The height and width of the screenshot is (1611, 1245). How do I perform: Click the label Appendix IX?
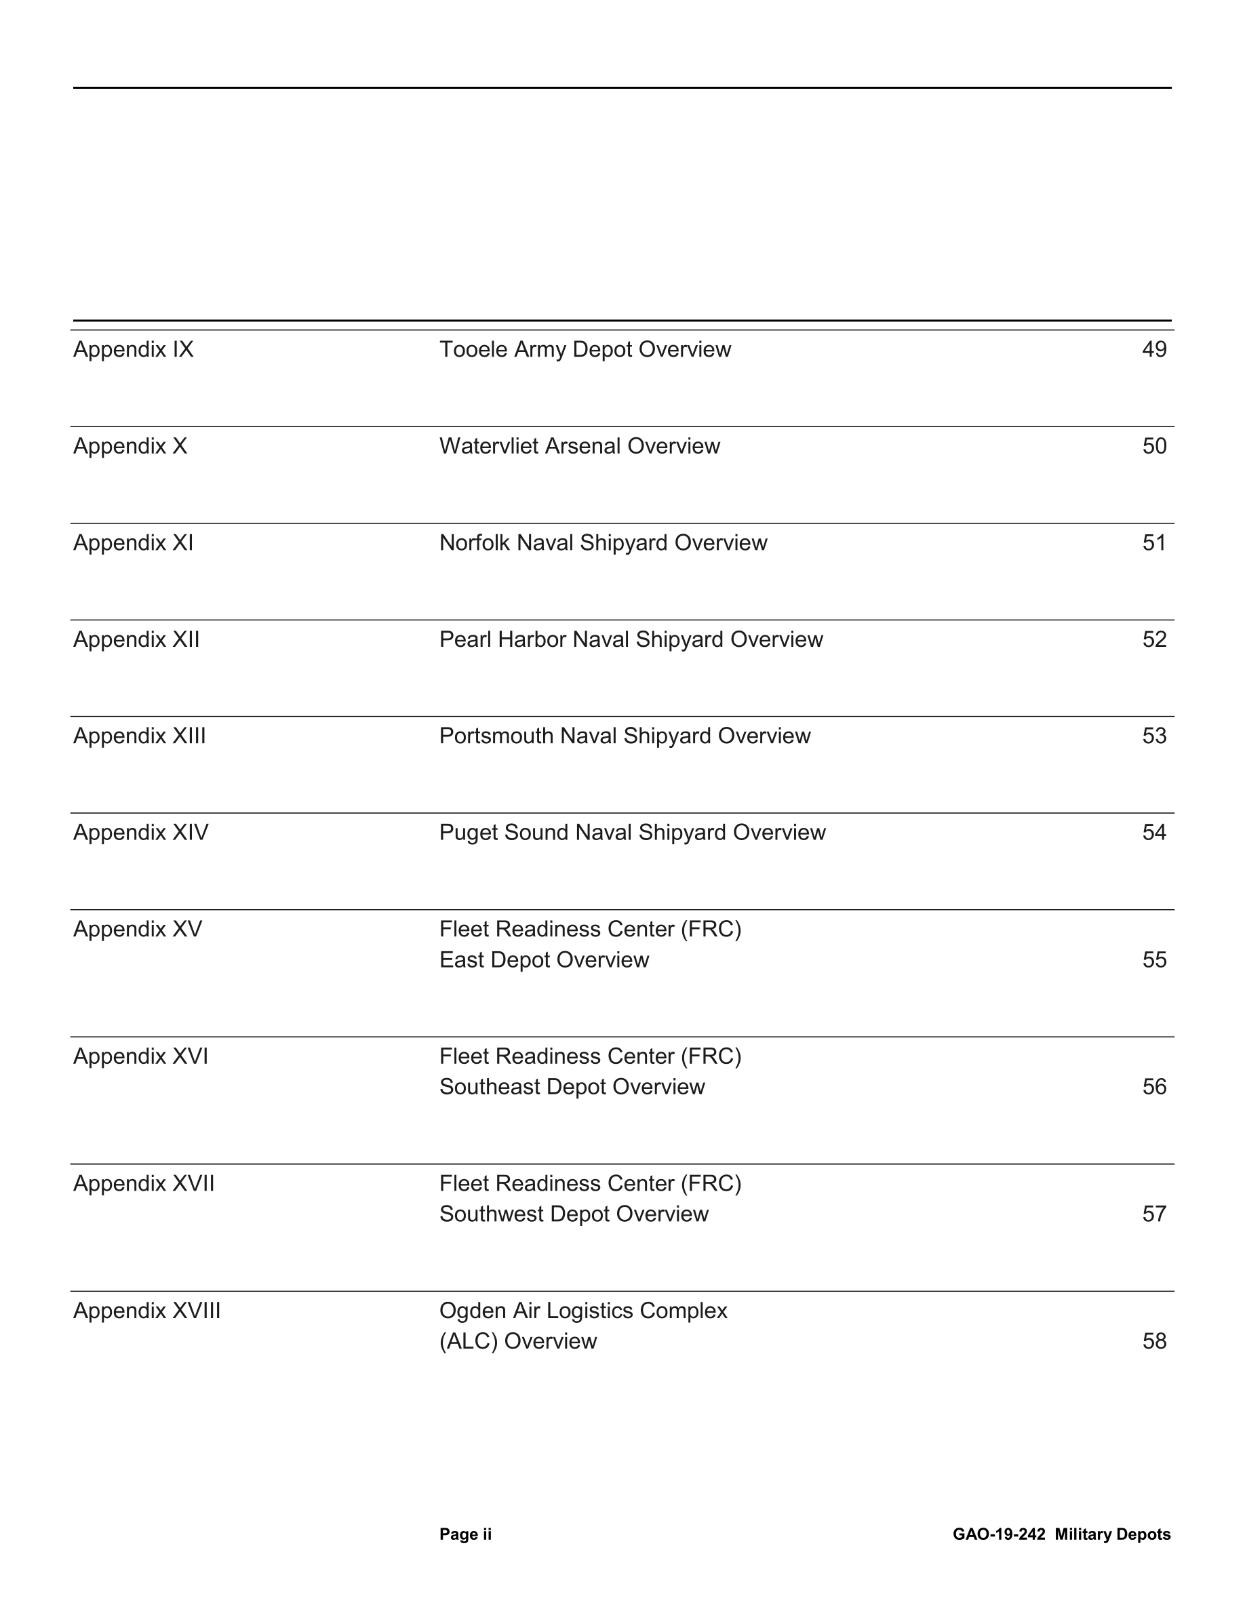pyautogui.click(x=133, y=349)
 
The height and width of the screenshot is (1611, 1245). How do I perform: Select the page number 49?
pyautogui.click(x=1153, y=349)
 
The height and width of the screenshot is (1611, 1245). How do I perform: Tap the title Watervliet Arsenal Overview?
pyautogui.click(x=579, y=445)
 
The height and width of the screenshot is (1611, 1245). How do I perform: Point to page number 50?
pyautogui.click(x=1153, y=445)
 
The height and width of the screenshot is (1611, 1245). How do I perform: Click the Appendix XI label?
pyautogui.click(x=133, y=542)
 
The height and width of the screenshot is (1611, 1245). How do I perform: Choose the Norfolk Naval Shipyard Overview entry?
pyautogui.click(x=603, y=542)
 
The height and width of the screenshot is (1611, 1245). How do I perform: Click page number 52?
pyautogui.click(x=1153, y=639)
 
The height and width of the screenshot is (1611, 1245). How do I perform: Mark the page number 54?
pyautogui.click(x=1153, y=832)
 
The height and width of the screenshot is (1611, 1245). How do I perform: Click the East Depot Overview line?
pyautogui.click(x=544, y=959)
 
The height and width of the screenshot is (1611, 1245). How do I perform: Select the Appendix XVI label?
pyautogui.click(x=140, y=1056)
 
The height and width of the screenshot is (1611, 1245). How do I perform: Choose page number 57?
pyautogui.click(x=1153, y=1214)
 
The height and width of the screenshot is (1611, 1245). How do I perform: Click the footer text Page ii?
pyautogui.click(x=465, y=1534)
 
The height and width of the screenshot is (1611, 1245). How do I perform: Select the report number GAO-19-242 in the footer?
pyautogui.click(x=998, y=1534)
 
